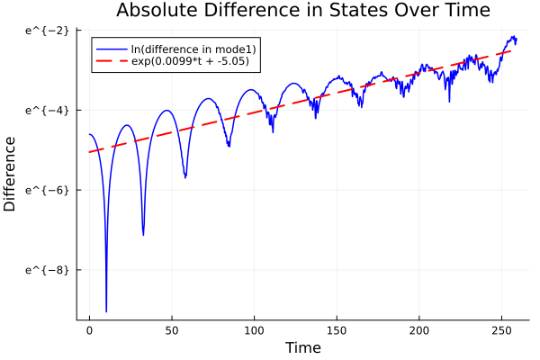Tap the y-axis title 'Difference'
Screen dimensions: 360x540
(10, 173)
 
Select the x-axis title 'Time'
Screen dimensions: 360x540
(302, 347)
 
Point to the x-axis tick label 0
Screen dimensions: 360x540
(89, 330)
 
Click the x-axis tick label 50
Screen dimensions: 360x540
(172, 330)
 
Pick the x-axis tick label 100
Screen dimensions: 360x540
(255, 330)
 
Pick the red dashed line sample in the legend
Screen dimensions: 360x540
(111, 63)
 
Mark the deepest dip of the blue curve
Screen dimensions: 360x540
(106, 311)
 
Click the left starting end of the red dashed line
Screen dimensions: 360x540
(89, 152)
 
